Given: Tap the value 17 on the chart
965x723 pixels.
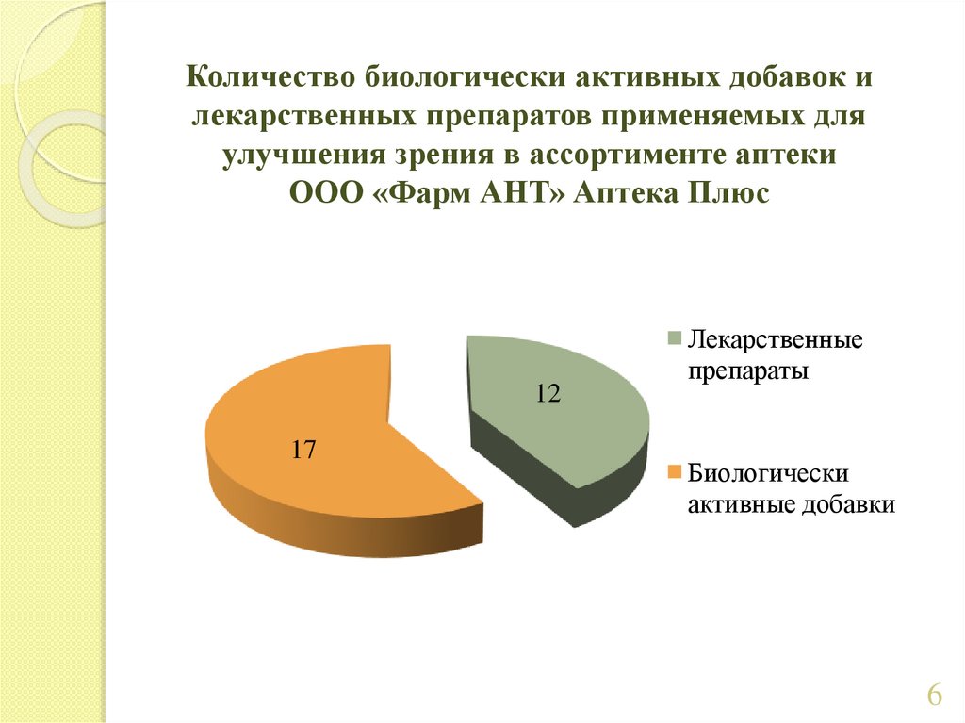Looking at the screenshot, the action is click(303, 450).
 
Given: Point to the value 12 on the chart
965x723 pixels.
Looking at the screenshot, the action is click(548, 393).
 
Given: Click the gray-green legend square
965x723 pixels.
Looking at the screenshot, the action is click(675, 339).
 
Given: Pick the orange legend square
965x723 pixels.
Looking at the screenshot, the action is click(675, 473).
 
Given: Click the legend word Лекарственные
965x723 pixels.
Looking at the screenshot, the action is click(775, 339).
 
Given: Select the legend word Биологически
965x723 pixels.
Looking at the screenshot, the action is click(768, 473).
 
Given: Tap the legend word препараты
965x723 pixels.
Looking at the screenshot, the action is click(747, 371).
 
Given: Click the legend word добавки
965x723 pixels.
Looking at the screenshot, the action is click(849, 504).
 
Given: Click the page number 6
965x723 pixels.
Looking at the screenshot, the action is click(934, 695).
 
